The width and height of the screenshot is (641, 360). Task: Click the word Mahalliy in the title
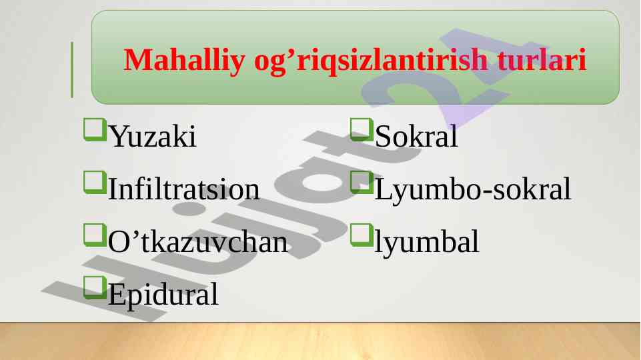(x=184, y=59)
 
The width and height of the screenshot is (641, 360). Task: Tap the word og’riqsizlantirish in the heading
(x=371, y=59)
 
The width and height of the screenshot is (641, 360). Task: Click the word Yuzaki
(x=153, y=136)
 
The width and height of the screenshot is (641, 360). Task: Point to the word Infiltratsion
(x=183, y=189)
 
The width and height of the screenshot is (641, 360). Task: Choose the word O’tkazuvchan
(x=198, y=241)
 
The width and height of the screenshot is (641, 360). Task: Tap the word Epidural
(x=163, y=294)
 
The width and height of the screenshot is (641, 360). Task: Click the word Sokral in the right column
(x=416, y=136)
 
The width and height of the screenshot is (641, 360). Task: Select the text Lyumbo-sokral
(x=472, y=189)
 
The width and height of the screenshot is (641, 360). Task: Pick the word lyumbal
(x=426, y=241)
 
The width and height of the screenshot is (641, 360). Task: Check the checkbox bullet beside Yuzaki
(x=95, y=129)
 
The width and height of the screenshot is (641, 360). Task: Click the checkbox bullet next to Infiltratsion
(x=95, y=182)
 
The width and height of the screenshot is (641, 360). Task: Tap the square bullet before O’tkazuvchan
(x=95, y=235)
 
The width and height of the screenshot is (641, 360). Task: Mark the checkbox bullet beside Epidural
(x=95, y=287)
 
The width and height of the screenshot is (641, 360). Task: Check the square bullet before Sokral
(x=362, y=129)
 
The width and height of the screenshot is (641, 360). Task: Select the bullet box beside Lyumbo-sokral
(x=362, y=182)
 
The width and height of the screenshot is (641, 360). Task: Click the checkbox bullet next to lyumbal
(x=362, y=235)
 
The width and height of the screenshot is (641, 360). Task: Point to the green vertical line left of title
(x=72, y=69)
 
